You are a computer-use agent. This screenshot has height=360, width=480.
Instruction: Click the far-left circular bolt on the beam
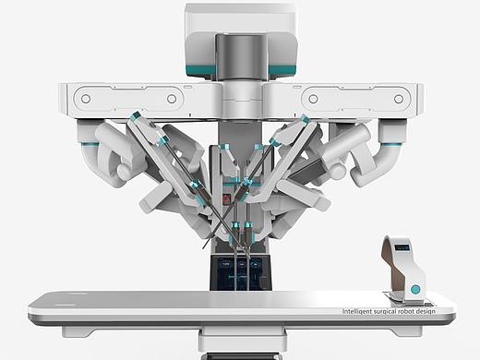(86, 99)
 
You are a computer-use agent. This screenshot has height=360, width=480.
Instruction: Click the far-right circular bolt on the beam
(399, 99)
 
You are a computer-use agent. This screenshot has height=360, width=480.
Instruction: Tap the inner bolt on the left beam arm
(172, 99)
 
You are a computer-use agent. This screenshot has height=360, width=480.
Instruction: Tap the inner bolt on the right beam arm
(313, 99)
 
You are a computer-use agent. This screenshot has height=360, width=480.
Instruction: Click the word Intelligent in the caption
(356, 311)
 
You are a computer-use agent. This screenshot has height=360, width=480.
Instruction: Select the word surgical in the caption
(385, 312)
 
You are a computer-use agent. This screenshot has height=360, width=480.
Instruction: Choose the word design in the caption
(426, 312)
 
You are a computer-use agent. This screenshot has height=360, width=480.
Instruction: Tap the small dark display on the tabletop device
(402, 247)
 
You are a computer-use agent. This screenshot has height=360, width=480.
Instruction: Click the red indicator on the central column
(226, 198)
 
